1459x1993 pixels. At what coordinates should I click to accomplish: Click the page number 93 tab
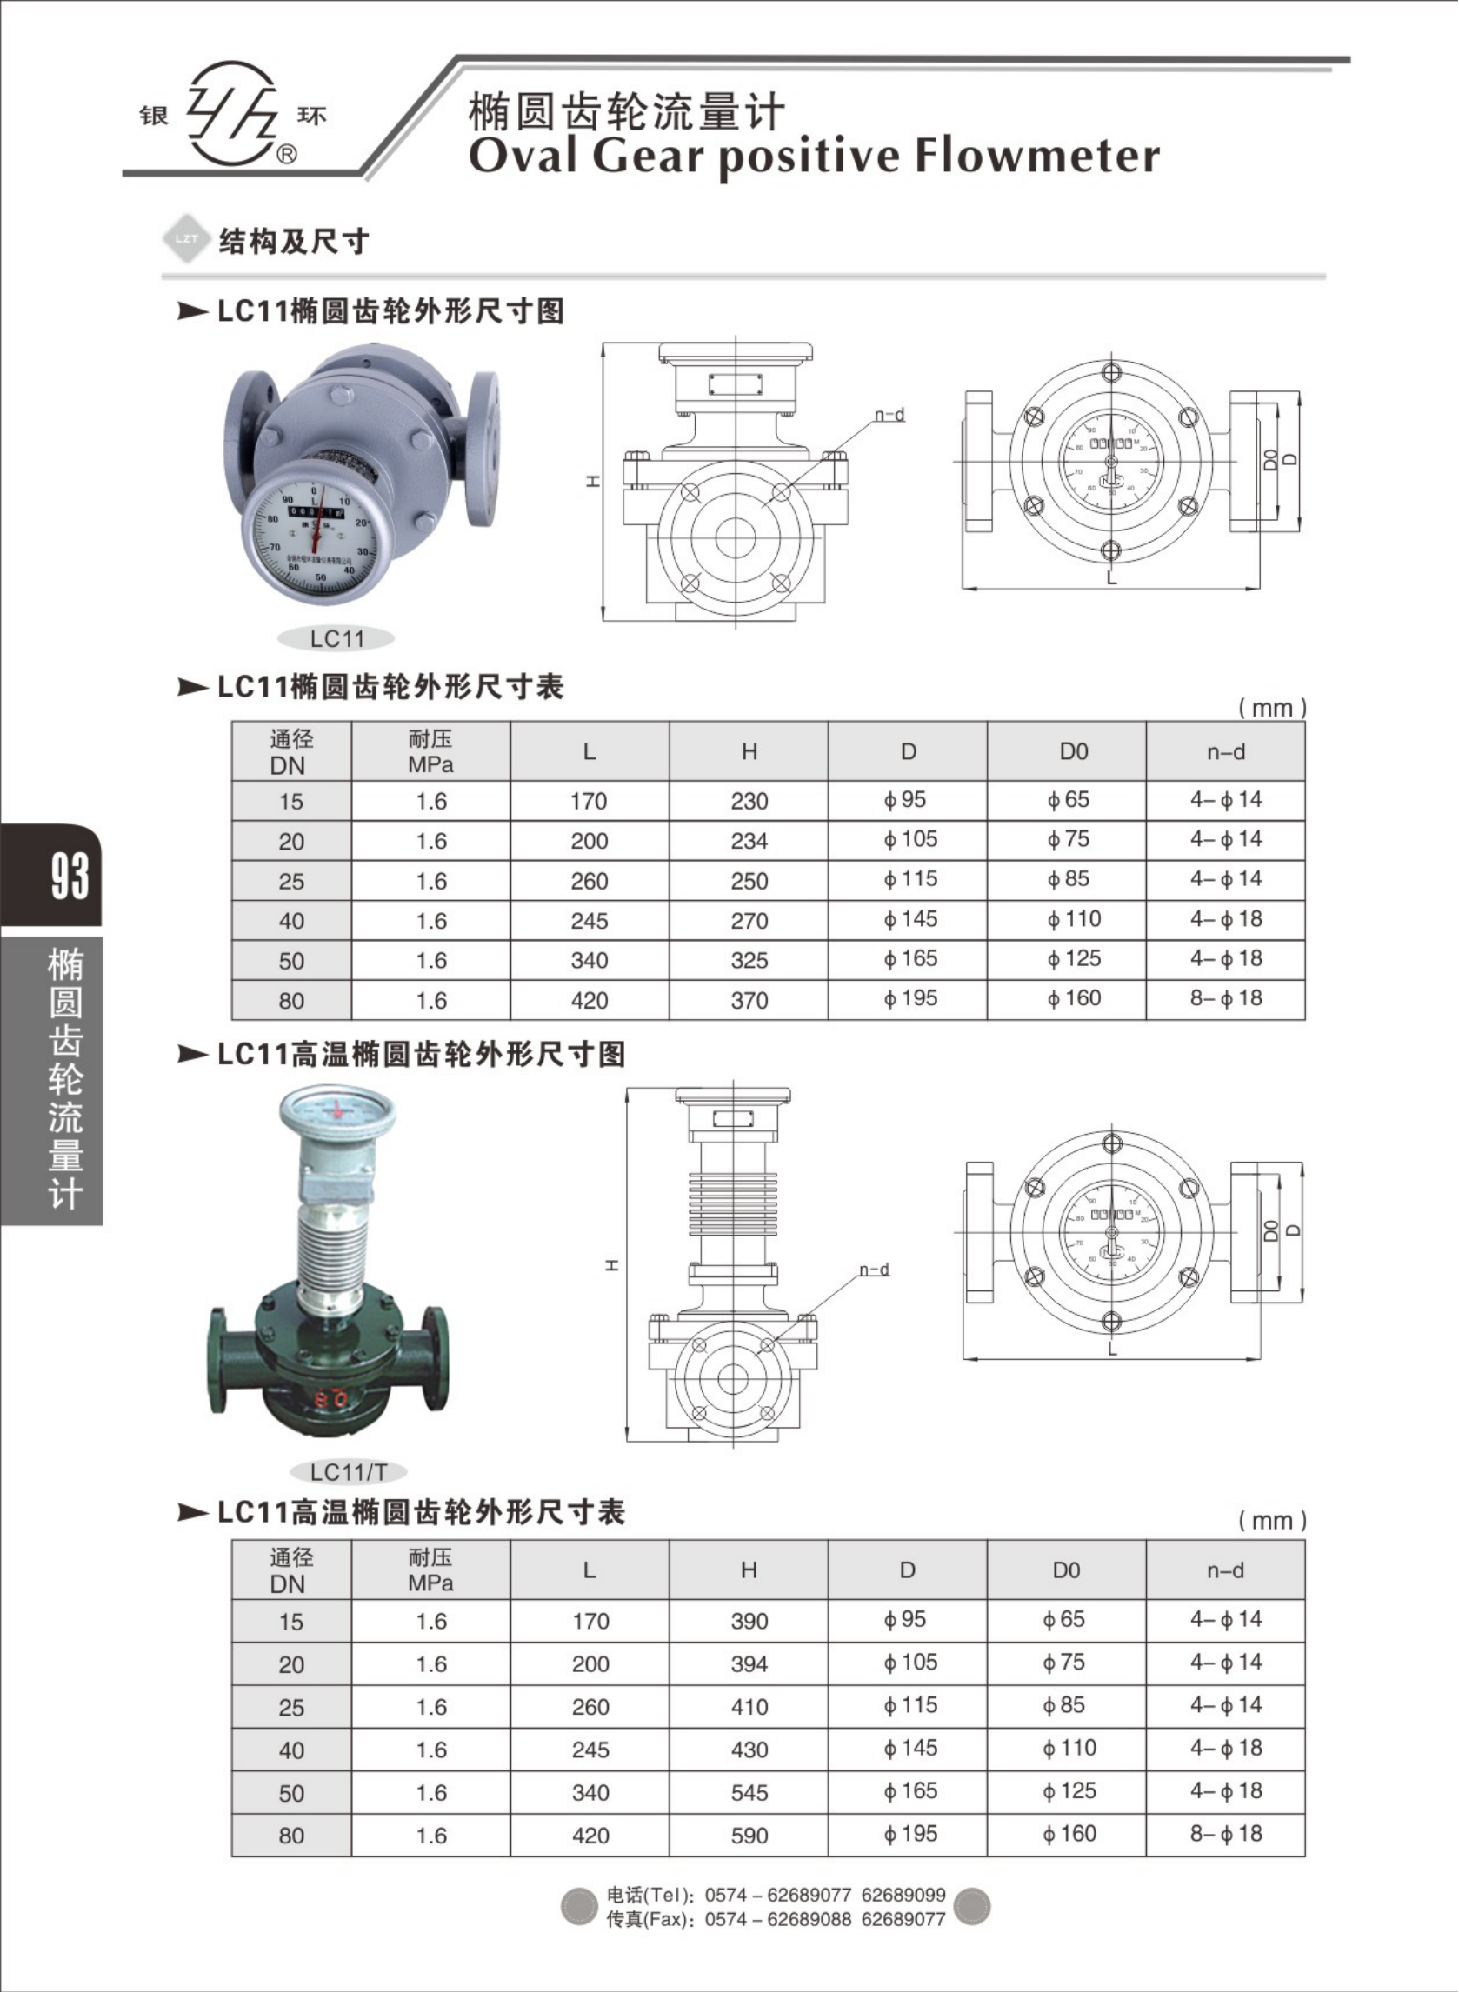tap(69, 876)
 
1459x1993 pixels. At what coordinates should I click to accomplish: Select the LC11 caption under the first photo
tap(336, 638)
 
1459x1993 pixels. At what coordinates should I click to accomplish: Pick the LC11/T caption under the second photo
tap(349, 1472)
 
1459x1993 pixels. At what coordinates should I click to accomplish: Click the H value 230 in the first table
tap(749, 801)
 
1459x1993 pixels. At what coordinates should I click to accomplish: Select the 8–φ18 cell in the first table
tap(1226, 999)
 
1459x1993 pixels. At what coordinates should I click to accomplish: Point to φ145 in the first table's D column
tap(909, 919)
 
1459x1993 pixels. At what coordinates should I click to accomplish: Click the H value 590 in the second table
tap(749, 1836)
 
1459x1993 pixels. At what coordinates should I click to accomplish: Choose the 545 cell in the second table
tap(749, 1792)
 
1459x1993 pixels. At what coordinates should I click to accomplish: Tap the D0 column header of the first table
tap(1074, 751)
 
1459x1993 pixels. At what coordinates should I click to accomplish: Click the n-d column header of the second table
tap(1225, 1571)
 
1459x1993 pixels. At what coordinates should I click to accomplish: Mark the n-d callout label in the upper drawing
tap(889, 415)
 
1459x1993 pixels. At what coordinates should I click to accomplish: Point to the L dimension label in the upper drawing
tap(1112, 579)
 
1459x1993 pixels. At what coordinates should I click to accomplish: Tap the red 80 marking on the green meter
tap(330, 1398)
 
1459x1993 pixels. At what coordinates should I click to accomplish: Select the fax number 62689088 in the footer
tap(810, 1920)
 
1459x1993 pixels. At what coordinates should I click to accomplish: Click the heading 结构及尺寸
tap(293, 241)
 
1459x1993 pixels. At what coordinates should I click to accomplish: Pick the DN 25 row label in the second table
tap(290, 1708)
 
